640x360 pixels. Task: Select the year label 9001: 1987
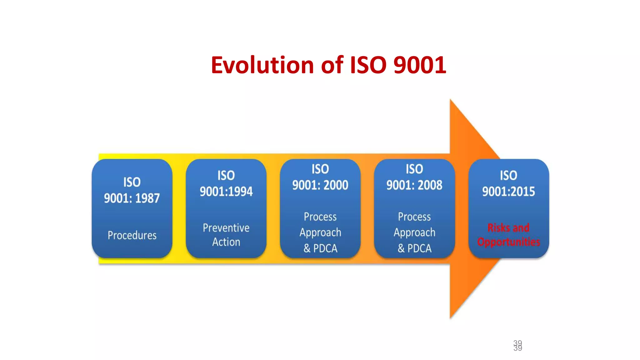(x=132, y=198)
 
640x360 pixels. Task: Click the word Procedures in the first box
(x=132, y=235)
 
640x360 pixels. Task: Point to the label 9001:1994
(x=226, y=192)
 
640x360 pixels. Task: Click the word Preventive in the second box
(x=226, y=228)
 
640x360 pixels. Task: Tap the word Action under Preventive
(x=226, y=242)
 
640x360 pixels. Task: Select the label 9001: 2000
(x=320, y=185)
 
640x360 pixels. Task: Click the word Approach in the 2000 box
(x=320, y=232)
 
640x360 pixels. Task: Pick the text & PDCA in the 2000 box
(x=320, y=248)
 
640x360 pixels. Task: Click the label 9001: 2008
(x=414, y=185)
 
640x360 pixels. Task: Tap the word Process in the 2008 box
(x=414, y=217)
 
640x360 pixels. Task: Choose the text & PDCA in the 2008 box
(x=414, y=248)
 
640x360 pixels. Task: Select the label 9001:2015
(x=508, y=192)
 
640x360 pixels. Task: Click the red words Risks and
(x=508, y=228)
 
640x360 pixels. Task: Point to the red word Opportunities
(x=508, y=242)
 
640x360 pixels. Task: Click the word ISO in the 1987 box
(x=132, y=182)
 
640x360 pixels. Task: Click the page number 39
(x=517, y=345)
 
